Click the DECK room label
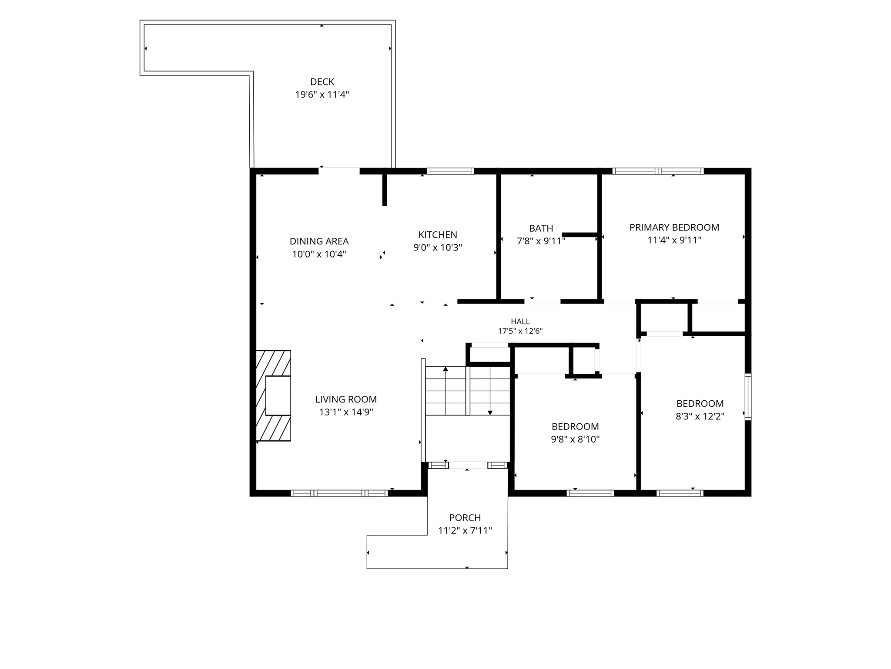coord(322,82)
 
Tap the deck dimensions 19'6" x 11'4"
coord(322,95)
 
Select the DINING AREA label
coord(319,241)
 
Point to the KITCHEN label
coord(438,235)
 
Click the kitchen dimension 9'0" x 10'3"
coord(438,248)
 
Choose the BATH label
coord(541,228)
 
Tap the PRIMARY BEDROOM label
coord(674,227)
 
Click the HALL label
coord(520,321)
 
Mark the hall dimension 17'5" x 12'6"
coord(520,331)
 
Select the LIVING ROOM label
coord(346,399)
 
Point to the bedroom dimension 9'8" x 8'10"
coord(575,439)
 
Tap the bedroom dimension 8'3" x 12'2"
coord(700,416)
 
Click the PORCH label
coord(465,518)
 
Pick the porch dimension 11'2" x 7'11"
coord(465,530)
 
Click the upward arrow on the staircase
coord(445,391)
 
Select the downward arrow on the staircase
coord(490,391)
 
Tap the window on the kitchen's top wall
coord(450,171)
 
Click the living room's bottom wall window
coord(339,493)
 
